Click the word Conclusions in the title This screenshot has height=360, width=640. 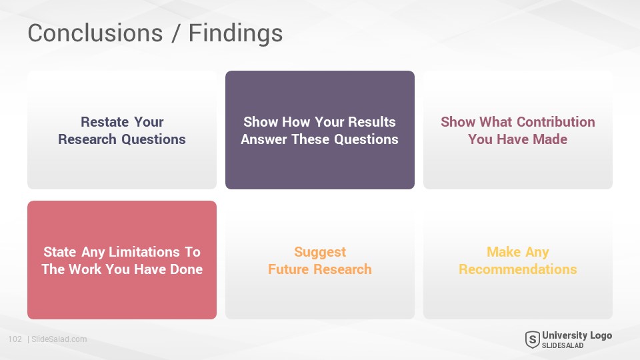[95, 33]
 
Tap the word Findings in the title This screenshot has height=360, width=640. [235, 34]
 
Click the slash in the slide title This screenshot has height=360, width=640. [175, 33]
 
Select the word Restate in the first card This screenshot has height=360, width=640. [105, 121]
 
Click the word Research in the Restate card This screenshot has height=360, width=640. [87, 139]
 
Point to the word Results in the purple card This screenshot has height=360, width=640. [372, 121]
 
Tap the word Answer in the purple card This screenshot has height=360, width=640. [264, 139]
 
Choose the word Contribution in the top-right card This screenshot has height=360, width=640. [556, 121]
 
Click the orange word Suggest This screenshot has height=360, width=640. [320, 252]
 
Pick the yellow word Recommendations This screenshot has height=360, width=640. [518, 269]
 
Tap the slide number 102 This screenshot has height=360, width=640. [15, 339]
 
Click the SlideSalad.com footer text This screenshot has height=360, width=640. [59, 339]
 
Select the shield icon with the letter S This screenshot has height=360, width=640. [532, 339]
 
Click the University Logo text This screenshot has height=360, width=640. [577, 335]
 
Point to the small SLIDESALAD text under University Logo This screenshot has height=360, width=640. [563, 346]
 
